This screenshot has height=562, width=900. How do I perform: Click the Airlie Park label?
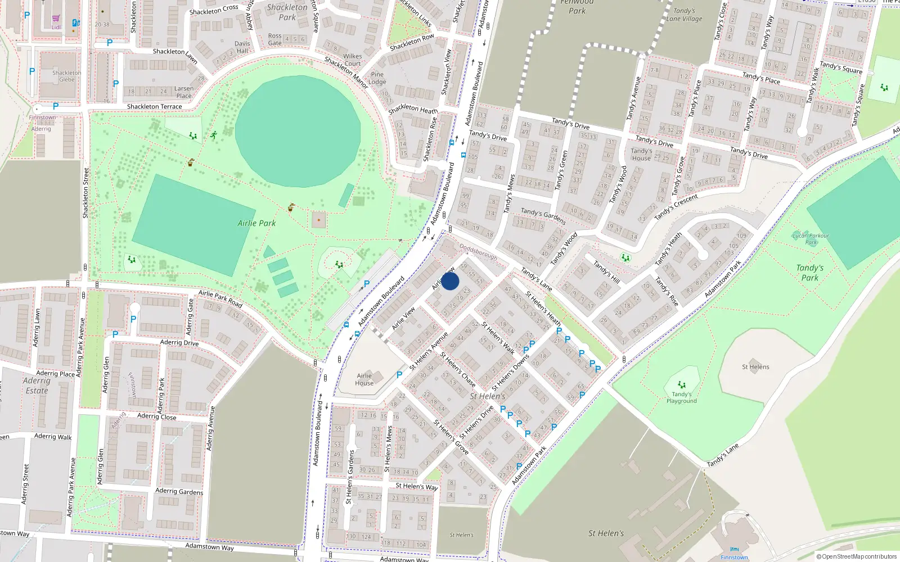tap(256, 223)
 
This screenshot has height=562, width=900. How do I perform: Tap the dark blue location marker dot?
tap(450, 281)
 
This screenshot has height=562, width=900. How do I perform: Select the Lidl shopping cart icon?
tap(56, 19)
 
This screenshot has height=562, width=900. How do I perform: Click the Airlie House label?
tap(364, 379)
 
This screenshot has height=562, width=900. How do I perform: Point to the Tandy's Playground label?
tap(681, 397)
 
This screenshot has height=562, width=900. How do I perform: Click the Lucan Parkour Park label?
tap(811, 239)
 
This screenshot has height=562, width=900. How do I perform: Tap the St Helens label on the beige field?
tap(755, 367)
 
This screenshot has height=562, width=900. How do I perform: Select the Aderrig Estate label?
tap(37, 386)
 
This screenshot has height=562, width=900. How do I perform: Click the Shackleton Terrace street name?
tap(154, 106)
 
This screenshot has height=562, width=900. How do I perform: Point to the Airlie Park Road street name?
tap(220, 299)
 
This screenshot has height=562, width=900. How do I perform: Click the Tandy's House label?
tap(641, 155)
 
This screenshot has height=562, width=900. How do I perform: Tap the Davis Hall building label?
tap(242, 47)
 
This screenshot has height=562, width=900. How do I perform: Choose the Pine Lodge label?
tap(377, 78)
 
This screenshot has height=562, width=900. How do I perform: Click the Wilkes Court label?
tap(352, 60)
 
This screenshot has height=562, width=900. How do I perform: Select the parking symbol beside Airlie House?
tap(399, 374)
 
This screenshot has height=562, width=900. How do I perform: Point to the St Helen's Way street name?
tap(416, 486)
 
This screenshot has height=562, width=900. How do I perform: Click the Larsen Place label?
tap(184, 92)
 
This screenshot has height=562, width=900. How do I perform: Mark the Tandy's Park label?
tap(809, 273)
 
